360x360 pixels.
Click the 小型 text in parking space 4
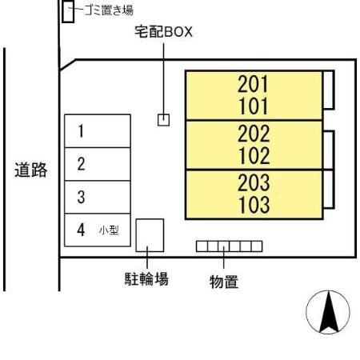(x=109, y=230)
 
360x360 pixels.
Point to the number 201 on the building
(x=253, y=84)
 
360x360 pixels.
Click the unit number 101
(x=253, y=106)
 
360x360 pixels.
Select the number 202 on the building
(x=254, y=134)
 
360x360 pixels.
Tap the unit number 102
(x=254, y=156)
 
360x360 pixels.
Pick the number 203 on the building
(x=254, y=182)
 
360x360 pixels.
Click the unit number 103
(x=254, y=205)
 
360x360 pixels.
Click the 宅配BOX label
(x=163, y=32)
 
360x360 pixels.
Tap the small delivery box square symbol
(x=163, y=120)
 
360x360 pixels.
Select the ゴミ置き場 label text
(x=109, y=10)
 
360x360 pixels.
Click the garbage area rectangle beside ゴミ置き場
(x=68, y=11)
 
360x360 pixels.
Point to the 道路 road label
(x=31, y=170)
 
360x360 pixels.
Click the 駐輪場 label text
(x=146, y=279)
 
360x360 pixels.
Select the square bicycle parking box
(x=150, y=235)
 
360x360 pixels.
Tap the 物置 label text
(x=224, y=282)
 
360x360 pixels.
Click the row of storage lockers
(x=230, y=246)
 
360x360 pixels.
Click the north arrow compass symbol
(x=328, y=312)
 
